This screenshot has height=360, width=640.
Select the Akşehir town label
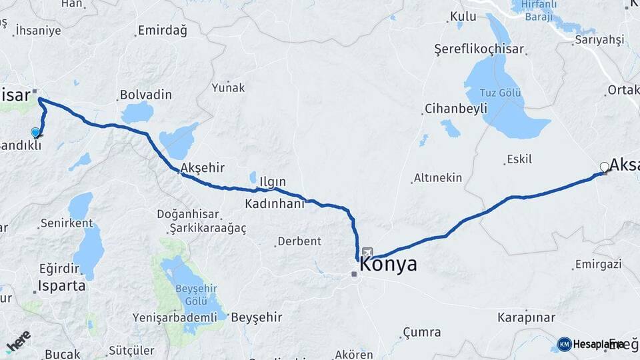(202, 168)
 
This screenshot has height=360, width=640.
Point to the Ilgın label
(273, 181)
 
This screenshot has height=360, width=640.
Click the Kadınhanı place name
(274, 203)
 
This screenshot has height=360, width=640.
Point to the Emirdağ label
(162, 31)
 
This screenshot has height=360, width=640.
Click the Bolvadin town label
(145, 95)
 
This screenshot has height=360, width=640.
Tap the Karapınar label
(527, 317)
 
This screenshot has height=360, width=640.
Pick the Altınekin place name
(437, 178)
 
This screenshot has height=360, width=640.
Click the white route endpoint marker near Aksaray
(605, 167)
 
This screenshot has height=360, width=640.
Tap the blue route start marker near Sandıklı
(36, 133)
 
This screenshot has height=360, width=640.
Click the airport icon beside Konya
(367, 253)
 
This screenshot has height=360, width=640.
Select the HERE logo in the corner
(18, 341)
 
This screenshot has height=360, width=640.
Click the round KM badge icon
(564, 344)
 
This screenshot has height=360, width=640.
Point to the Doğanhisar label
(185, 214)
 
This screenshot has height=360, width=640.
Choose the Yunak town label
(228, 87)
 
